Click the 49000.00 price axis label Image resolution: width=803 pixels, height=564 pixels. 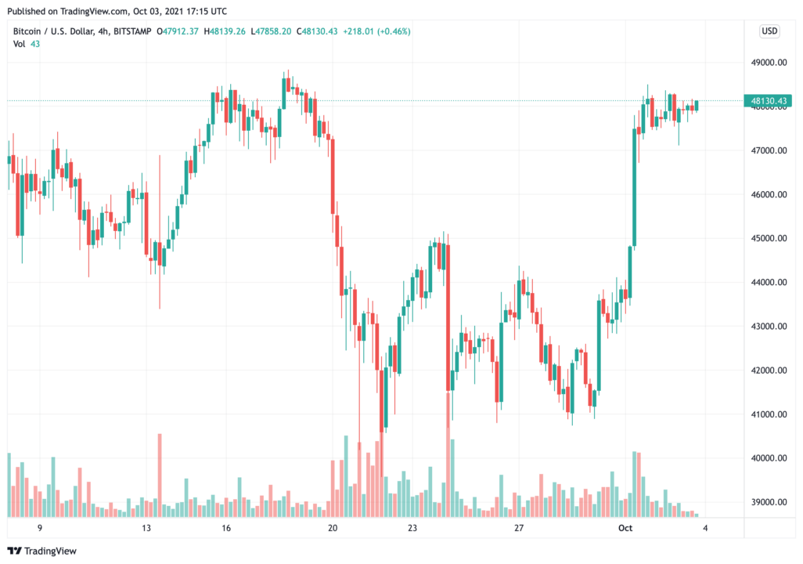[x=767, y=63]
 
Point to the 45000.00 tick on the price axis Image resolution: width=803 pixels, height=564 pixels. [x=767, y=238]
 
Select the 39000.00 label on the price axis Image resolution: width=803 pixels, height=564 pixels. [x=767, y=502]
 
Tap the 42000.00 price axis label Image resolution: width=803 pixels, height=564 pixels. [x=767, y=371]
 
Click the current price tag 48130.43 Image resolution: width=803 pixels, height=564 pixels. [x=769, y=101]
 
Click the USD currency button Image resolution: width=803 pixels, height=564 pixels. [x=769, y=31]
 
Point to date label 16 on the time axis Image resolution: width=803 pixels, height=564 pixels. [x=226, y=529]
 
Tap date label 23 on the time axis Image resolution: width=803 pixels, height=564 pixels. [x=412, y=529]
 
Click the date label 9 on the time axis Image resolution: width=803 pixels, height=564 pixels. [x=39, y=529]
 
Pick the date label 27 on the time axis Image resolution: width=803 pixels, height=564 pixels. [x=518, y=529]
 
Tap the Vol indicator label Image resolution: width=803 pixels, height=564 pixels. [x=20, y=44]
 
